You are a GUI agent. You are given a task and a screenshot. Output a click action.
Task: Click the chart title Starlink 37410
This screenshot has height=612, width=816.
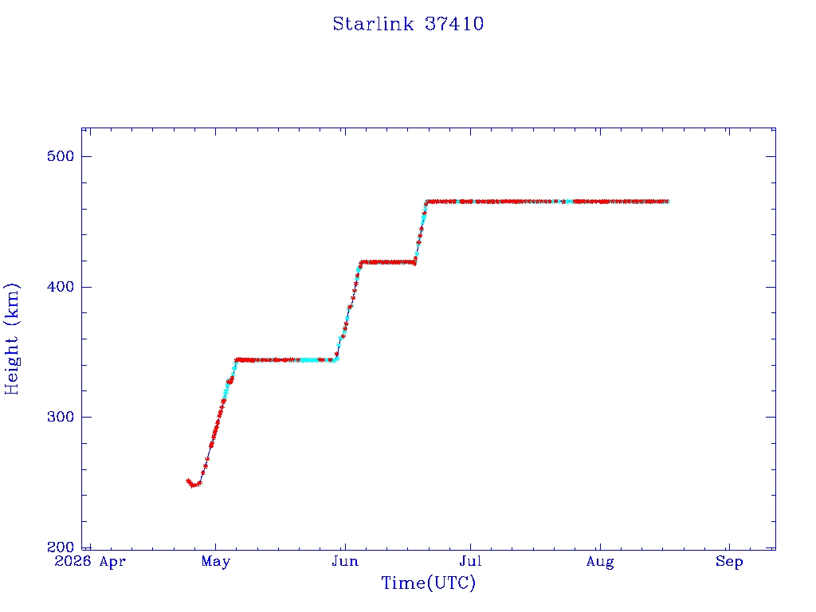coord(408,24)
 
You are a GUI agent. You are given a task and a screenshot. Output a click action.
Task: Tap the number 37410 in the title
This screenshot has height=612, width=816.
coord(453,24)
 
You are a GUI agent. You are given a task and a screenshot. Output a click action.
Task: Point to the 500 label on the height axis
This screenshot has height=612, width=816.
coord(61,156)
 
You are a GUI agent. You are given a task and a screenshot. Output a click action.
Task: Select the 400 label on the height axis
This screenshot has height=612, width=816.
coord(61,287)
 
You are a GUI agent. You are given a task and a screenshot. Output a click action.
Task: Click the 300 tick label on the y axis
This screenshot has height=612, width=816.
coord(61,417)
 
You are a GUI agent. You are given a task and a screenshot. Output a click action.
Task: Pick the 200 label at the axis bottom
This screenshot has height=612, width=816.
coord(61,547)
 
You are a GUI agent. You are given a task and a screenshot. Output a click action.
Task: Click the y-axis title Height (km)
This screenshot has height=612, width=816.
coord(11,339)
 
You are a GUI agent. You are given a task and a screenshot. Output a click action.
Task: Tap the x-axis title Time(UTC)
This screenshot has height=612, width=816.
coord(428,583)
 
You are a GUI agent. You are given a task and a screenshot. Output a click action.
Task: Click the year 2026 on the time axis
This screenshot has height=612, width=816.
coord(73,561)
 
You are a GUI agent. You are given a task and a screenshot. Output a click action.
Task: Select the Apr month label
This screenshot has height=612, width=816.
coord(112,562)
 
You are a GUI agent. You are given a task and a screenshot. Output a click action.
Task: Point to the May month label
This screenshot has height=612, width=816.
coord(215,562)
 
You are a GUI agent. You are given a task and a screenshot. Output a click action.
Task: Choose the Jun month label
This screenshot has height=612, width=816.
coord(345,561)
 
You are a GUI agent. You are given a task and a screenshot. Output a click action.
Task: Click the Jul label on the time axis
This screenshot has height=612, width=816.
coord(470,561)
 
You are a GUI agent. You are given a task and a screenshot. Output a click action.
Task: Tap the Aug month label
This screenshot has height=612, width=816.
coord(600,562)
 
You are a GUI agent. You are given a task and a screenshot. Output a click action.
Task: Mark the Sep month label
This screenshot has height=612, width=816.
coord(729,562)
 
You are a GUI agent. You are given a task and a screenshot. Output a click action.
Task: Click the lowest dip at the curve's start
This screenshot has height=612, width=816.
coord(193,485)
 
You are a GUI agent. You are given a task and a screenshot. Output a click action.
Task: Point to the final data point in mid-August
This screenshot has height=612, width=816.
coord(667,202)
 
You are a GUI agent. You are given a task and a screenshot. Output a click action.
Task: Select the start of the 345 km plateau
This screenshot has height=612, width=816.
coord(237,359)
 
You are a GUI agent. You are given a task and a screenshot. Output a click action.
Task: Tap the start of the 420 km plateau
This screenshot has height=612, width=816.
coord(361,262)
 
